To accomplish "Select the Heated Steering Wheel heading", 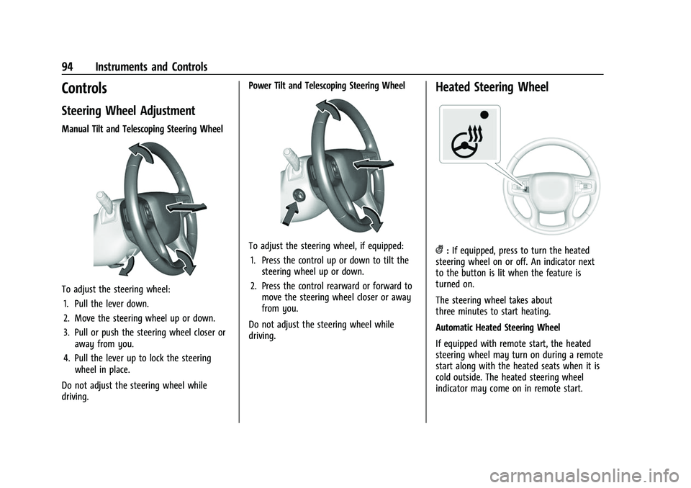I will click(x=492, y=87).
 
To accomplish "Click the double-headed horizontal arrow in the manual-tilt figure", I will click(x=186, y=209).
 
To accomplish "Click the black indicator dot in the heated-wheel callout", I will click(x=485, y=114).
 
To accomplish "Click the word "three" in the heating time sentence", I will click(x=451, y=312).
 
